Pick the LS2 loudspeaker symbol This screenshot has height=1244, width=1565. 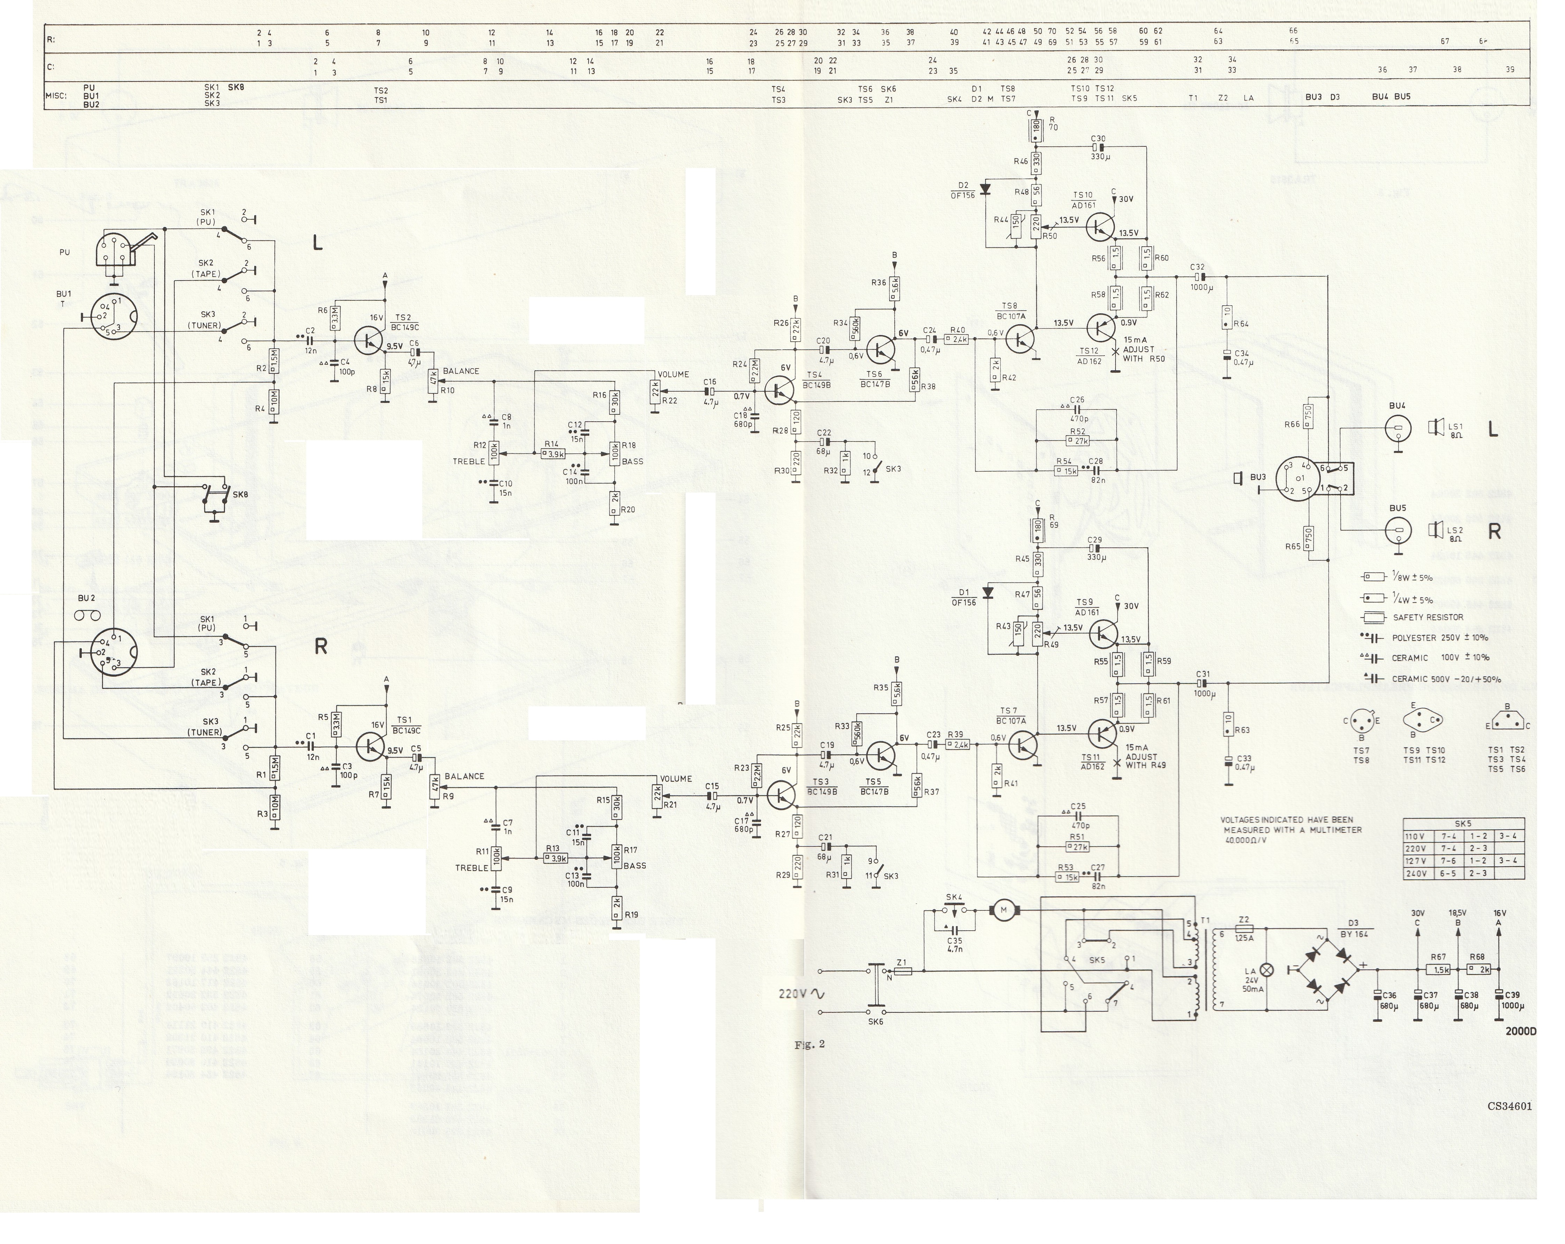pyautogui.click(x=1435, y=532)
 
